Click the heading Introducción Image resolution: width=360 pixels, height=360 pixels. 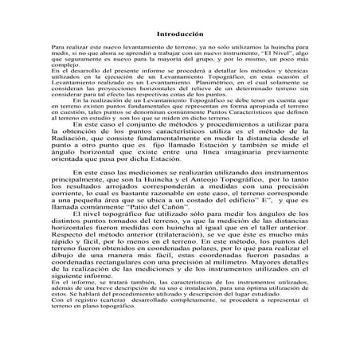pos(179,35)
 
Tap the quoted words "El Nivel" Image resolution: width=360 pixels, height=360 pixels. pos(255,55)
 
